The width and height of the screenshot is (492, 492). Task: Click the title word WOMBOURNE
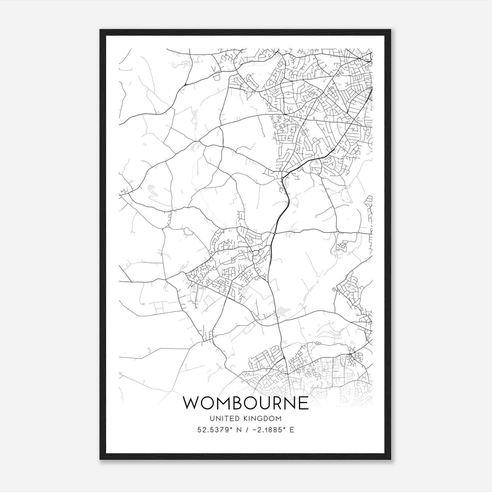coord(246,403)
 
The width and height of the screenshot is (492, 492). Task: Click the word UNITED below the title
coord(223,419)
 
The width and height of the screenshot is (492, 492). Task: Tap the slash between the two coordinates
coord(245,430)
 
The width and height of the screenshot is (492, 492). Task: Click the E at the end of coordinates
coord(292,430)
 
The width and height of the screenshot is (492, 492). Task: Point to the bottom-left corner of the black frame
coord(100,459)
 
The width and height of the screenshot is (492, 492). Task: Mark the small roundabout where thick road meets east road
coord(274,233)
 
